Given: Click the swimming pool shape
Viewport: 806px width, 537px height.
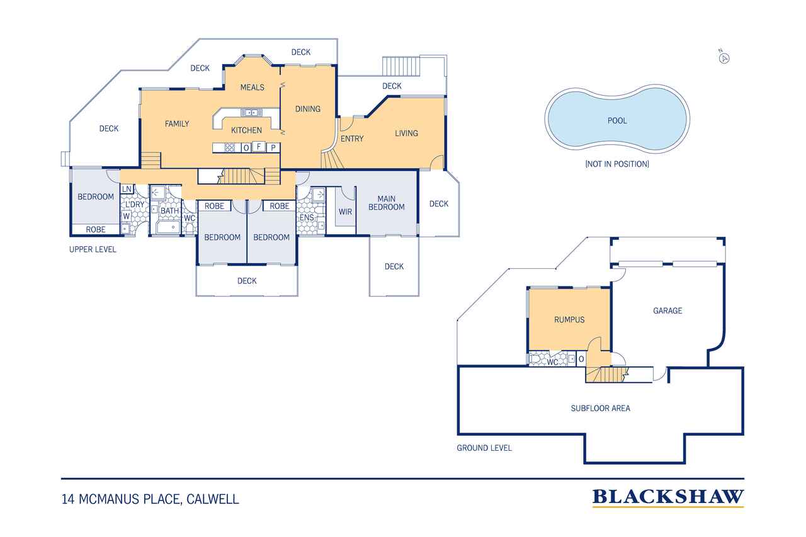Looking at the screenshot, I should click(617, 120).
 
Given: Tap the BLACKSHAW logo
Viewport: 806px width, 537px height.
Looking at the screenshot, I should click(667, 497).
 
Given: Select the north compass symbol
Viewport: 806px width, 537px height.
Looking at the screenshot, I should click(725, 58).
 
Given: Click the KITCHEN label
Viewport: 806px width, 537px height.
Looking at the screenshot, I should click(246, 130).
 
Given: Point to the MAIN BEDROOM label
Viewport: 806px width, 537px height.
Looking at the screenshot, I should click(387, 203).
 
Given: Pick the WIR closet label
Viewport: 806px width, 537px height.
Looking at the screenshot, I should click(345, 212).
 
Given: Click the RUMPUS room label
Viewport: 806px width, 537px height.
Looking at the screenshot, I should click(569, 320).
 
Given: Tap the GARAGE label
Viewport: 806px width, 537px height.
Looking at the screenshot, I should click(667, 310).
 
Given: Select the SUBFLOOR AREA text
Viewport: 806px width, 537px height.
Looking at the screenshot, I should click(600, 408).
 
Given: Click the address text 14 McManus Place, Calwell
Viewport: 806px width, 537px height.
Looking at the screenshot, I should click(150, 500).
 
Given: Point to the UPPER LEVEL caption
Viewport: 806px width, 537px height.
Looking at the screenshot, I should click(93, 249).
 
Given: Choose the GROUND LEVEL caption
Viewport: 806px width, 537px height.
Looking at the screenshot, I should click(484, 448).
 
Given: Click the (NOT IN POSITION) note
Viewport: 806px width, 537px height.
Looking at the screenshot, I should click(617, 164).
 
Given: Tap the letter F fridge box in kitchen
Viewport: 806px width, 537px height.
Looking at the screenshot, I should click(258, 147).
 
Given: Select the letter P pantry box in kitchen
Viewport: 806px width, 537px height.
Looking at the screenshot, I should click(273, 147).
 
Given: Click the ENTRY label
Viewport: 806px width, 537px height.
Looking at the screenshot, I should click(351, 138).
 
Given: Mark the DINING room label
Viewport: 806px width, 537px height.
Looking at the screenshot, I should click(308, 109).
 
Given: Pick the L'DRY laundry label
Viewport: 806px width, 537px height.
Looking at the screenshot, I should click(135, 205).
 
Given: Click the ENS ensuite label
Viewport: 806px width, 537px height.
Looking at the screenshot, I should click(307, 218).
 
